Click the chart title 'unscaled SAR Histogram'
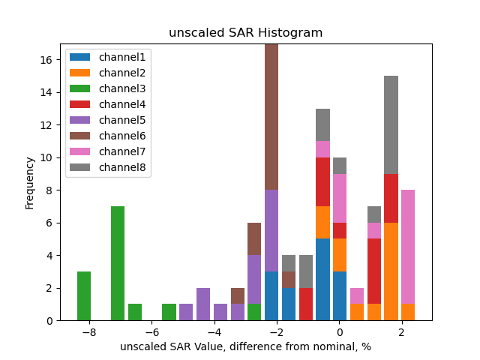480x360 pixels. [x=245, y=33]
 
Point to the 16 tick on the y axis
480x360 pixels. [x=50, y=60]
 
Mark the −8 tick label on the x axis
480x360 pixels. [x=88, y=332]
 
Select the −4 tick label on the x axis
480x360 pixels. [x=214, y=332]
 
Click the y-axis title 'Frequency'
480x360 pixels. [x=30, y=182]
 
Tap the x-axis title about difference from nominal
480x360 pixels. [x=245, y=346]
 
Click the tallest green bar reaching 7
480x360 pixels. [x=118, y=263]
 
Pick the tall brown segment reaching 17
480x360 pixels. [x=271, y=117]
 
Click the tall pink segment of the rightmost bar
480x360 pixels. [x=408, y=247]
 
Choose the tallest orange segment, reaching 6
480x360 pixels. [x=391, y=271]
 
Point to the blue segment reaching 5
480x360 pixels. [x=323, y=280]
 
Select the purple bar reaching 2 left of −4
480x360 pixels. [x=203, y=304]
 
